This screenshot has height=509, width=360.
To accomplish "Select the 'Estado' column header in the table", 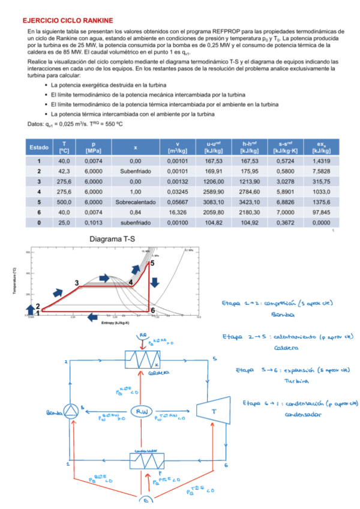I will (39, 147).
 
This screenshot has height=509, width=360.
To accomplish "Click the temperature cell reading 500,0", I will (64, 202).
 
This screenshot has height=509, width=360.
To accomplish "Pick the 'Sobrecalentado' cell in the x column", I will (135, 202).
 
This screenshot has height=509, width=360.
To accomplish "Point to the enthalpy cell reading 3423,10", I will (250, 202).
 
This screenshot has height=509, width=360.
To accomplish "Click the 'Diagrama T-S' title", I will (113, 239).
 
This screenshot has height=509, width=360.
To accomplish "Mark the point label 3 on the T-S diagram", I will (77, 283).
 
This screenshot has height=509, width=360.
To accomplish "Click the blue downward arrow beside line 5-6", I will (155, 282).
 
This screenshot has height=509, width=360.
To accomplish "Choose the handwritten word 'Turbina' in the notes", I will (292, 381).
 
